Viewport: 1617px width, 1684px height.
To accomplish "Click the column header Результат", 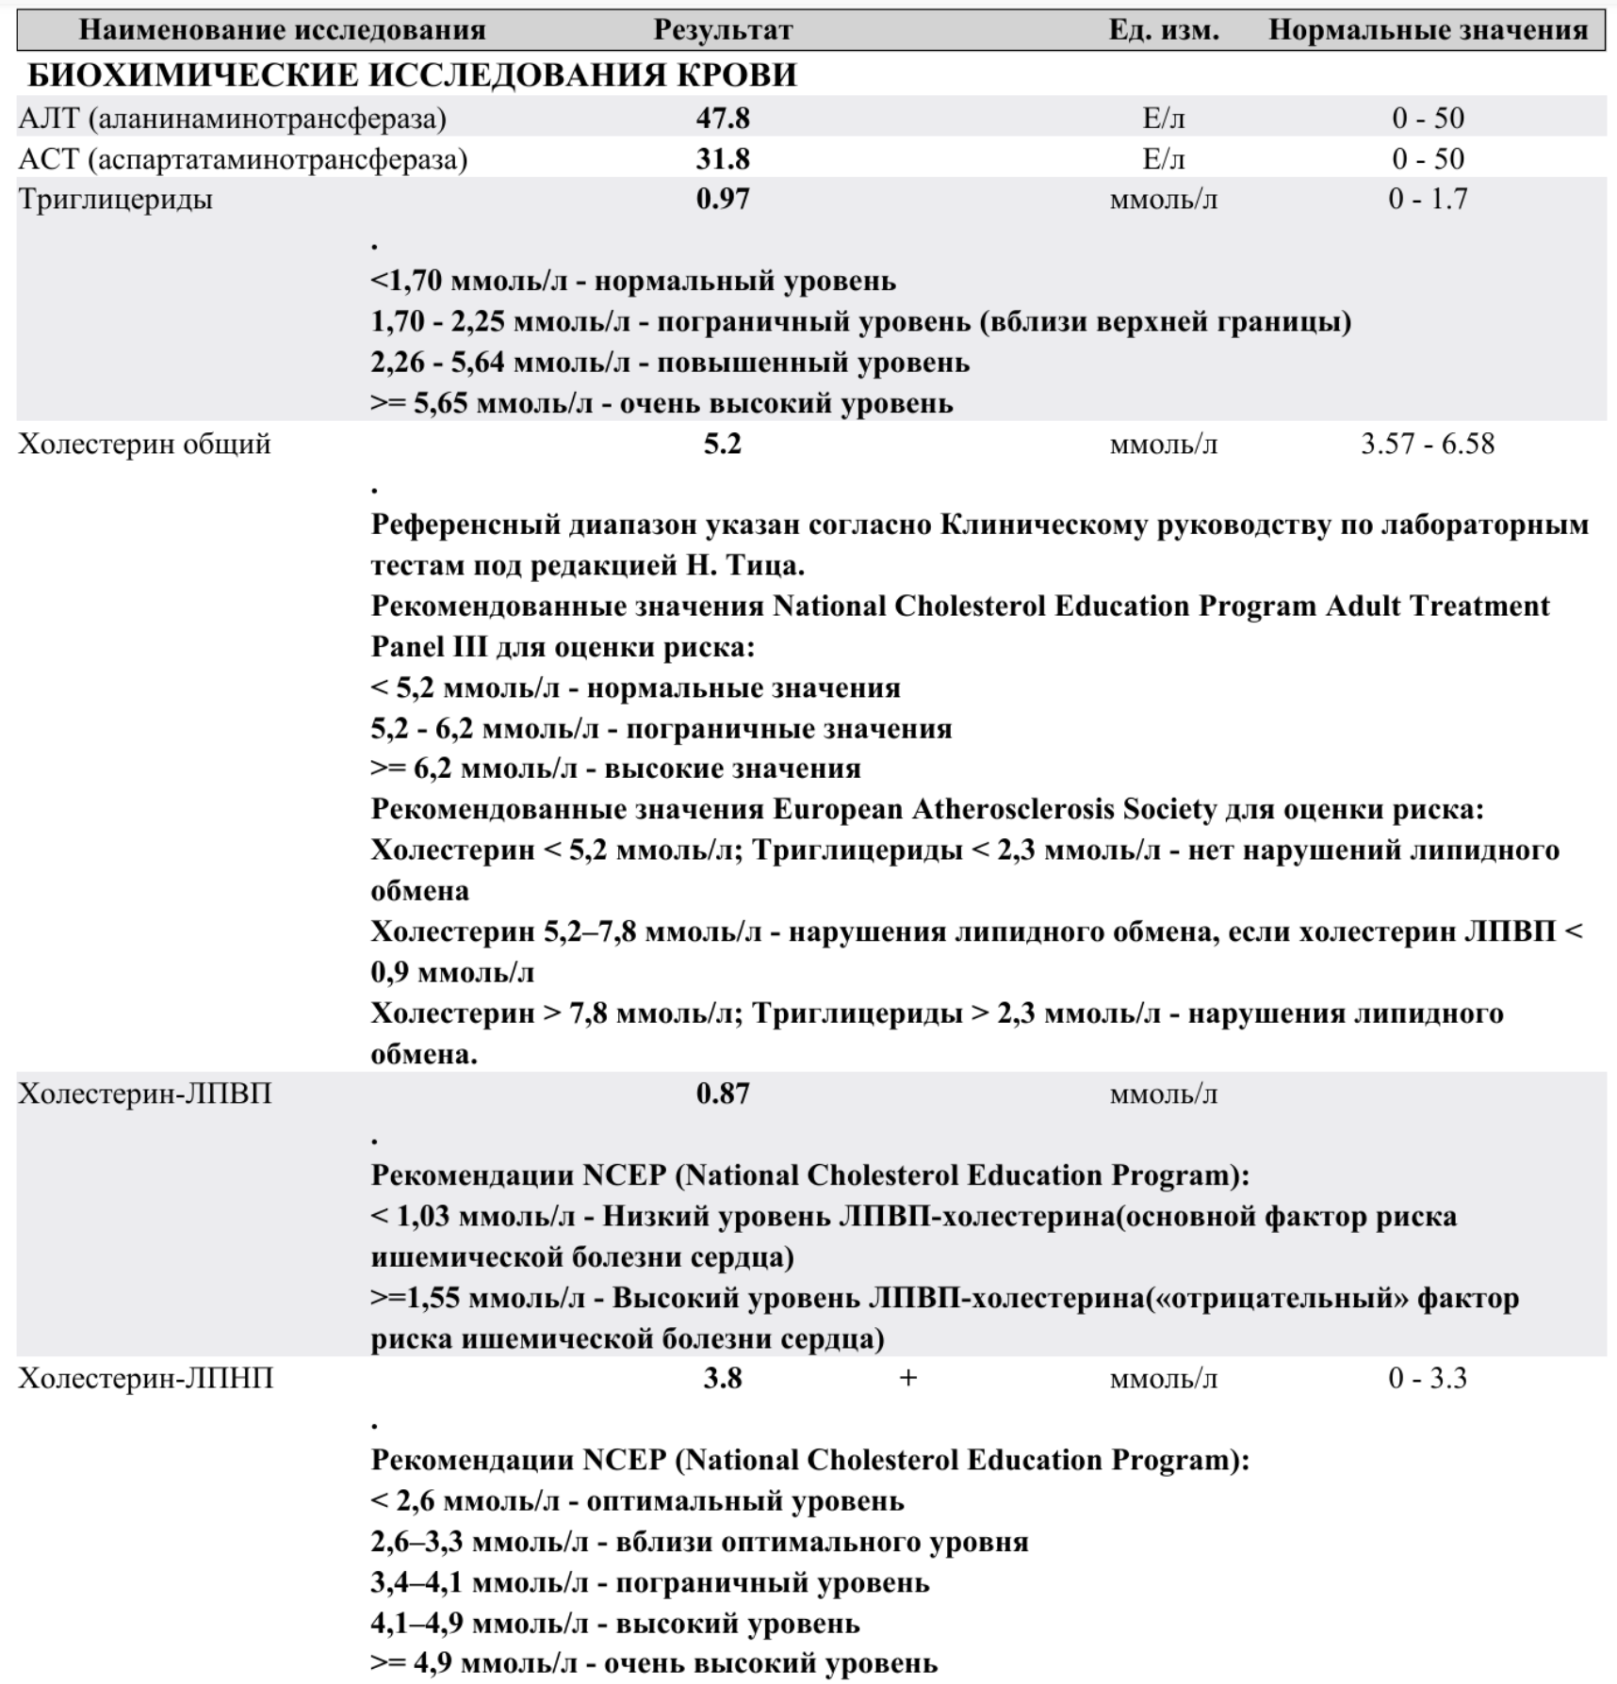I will coord(723,30).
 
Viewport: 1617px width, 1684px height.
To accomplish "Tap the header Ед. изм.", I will coord(1163,30).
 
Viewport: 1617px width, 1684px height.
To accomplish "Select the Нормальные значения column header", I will coord(1428,30).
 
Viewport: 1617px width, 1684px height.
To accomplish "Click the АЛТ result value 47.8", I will coord(723,118).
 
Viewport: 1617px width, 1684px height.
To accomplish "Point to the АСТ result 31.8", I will coord(723,158).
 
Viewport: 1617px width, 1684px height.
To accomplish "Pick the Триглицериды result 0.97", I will coord(723,199).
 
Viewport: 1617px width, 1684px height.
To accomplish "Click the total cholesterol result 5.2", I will coord(723,444).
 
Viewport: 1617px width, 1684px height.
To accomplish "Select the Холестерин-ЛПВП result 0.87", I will coord(723,1093).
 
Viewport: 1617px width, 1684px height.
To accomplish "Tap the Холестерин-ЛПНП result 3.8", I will coord(723,1378).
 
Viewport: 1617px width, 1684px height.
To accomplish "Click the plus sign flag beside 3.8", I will coord(907,1378).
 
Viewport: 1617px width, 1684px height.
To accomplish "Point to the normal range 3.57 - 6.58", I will coord(1427,444).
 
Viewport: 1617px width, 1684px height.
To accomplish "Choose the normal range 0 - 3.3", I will coord(1427,1378).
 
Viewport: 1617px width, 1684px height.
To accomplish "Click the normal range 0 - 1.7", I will coord(1427,199).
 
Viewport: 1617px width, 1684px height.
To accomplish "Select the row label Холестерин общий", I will coord(144,444).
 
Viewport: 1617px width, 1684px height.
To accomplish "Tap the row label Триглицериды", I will coord(115,199).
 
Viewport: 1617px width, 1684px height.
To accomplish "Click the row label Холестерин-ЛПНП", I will coord(146,1378).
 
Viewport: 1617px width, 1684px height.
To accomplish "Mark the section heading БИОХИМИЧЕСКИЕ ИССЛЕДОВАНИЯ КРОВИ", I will coord(412,75).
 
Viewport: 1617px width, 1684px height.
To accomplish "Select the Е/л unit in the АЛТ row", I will coord(1163,118).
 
